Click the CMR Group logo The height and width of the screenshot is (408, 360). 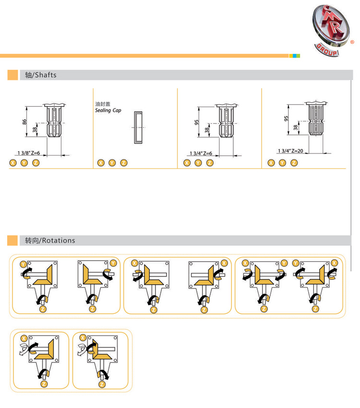[331, 30]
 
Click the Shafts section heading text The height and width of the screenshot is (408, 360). [41, 75]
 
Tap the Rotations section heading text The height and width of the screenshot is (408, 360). [50, 240]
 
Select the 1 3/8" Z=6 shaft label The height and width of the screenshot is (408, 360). [29, 153]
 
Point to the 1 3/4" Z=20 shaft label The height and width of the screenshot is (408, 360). [290, 151]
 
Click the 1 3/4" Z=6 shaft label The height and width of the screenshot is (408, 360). [201, 153]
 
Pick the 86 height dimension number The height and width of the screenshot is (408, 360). [24, 122]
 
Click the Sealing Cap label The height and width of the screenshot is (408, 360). [108, 110]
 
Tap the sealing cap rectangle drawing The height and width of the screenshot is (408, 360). [138, 128]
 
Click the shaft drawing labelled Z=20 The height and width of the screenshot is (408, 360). [316, 118]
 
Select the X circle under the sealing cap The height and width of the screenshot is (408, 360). [101, 163]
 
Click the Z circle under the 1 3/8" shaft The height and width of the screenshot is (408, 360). [36, 163]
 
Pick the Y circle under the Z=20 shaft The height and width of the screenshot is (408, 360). [283, 163]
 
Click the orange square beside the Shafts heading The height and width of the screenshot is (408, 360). [12, 75]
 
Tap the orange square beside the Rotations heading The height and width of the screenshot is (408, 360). [12, 240]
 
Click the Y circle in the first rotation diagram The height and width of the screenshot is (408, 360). [24, 264]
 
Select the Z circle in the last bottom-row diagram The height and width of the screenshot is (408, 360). [102, 384]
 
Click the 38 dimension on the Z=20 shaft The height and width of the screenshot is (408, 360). [296, 128]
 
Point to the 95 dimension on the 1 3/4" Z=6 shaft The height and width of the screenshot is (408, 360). [196, 122]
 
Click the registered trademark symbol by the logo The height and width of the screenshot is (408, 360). [352, 42]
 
